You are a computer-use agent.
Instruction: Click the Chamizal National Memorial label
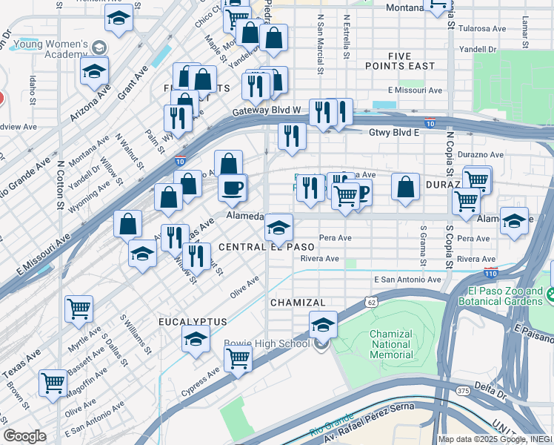[x=390, y=344]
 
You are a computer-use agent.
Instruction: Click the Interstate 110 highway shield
[x=490, y=273]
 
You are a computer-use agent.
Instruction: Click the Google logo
[x=24, y=435]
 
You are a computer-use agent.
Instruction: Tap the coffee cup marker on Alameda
[x=233, y=187]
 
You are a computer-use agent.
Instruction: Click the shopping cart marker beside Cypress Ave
[x=238, y=358]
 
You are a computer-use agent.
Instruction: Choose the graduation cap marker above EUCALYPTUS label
[x=196, y=340]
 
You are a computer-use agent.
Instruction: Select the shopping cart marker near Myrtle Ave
[x=79, y=308]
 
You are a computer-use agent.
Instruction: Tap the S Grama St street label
[x=423, y=247]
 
